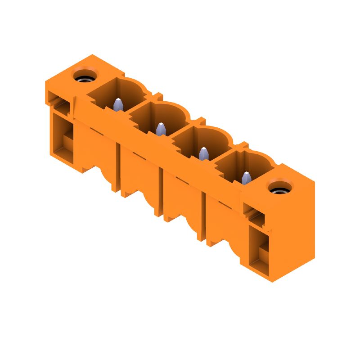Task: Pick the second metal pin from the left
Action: tap(160, 130)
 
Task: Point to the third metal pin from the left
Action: tap(203, 154)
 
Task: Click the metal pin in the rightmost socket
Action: tap(246, 179)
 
